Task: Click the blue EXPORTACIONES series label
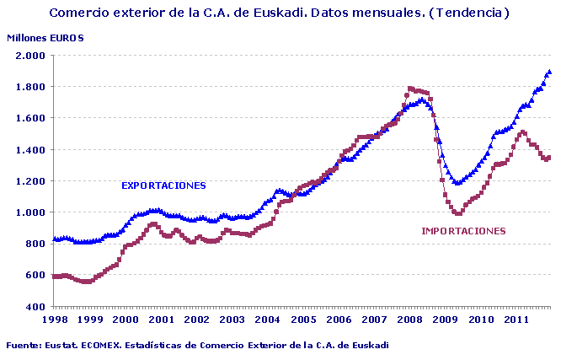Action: pyautogui.click(x=163, y=185)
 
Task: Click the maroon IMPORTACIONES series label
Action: pyautogui.click(x=463, y=230)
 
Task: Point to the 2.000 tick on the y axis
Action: pyautogui.click(x=29, y=56)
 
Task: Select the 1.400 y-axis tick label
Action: pyautogui.click(x=29, y=150)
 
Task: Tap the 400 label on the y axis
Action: pyautogui.click(x=35, y=307)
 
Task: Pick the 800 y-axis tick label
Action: pyautogui.click(x=35, y=244)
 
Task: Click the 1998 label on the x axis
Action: pyautogui.click(x=54, y=320)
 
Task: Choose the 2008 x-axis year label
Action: pyautogui.click(x=410, y=320)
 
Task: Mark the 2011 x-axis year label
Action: pyautogui.click(x=517, y=320)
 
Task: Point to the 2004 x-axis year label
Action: pyautogui.click(x=268, y=320)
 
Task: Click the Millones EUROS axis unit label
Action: pyautogui.click(x=45, y=38)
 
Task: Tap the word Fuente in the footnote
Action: pyautogui.click(x=23, y=344)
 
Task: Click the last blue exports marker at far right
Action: pyautogui.click(x=550, y=72)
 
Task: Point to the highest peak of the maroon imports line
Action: pyautogui.click(x=410, y=88)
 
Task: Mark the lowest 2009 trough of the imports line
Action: pyautogui.click(x=458, y=213)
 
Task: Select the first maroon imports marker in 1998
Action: pyautogui.click(x=54, y=277)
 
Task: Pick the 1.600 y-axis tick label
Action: pyautogui.click(x=29, y=118)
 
